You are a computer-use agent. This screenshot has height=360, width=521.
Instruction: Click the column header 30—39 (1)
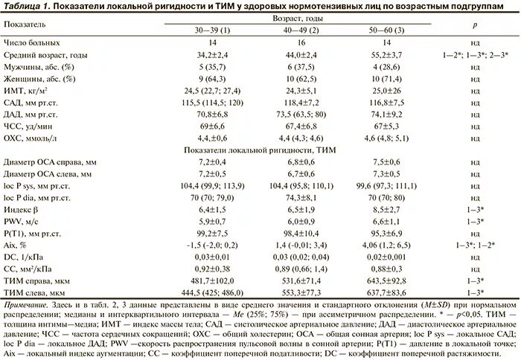(212, 30)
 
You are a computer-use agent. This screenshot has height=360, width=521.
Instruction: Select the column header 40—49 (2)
(301, 30)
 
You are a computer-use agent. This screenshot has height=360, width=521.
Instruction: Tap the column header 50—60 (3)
(386, 30)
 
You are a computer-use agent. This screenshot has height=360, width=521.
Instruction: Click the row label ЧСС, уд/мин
(28, 126)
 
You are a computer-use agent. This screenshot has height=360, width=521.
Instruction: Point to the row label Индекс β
(21, 210)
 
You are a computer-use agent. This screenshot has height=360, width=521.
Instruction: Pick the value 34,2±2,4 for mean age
(212, 55)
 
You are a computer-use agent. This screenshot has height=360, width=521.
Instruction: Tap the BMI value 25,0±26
(386, 91)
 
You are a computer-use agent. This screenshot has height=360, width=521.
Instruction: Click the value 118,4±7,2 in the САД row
(301, 103)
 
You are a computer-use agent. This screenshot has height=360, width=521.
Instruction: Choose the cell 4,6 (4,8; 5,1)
(386, 138)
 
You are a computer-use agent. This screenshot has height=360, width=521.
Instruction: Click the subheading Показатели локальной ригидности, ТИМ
(260, 150)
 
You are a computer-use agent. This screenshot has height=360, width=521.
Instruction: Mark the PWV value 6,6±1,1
(386, 222)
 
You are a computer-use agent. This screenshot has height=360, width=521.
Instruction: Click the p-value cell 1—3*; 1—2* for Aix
(476, 245)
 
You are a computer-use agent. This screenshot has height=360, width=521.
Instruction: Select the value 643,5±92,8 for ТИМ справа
(386, 281)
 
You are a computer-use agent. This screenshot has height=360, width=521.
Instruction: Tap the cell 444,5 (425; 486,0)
(212, 293)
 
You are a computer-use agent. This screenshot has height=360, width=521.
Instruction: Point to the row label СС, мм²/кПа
(28, 269)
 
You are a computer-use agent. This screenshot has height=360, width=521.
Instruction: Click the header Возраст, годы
(298, 19)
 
